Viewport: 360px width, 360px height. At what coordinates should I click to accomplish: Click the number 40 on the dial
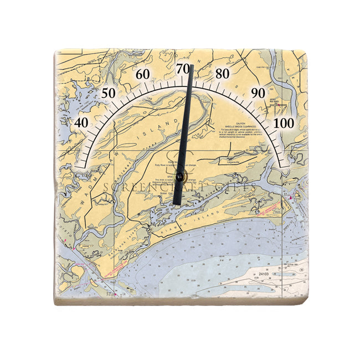[82, 123]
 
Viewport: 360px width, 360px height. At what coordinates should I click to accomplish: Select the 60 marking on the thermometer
[143, 74]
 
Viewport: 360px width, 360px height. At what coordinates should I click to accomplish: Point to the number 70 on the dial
[182, 69]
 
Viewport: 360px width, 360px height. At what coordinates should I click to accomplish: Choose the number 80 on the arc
[223, 74]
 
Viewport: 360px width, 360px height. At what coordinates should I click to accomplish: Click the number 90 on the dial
[258, 92]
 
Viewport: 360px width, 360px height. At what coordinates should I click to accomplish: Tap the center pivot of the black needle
[180, 177]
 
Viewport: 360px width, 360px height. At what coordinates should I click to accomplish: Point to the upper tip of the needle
[191, 66]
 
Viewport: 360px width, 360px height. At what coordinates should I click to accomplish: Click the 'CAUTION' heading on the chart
[240, 123]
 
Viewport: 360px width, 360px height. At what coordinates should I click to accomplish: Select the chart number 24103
[264, 274]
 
